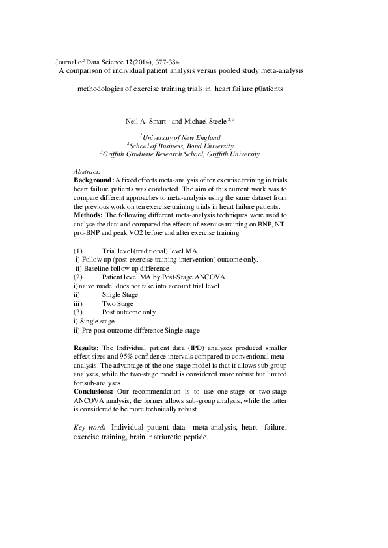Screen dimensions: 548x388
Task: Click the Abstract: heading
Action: (87, 171)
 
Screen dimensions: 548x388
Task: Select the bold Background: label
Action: (94, 179)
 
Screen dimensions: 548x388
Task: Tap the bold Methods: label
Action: (88, 215)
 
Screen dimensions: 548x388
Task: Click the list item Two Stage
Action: (117, 303)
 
